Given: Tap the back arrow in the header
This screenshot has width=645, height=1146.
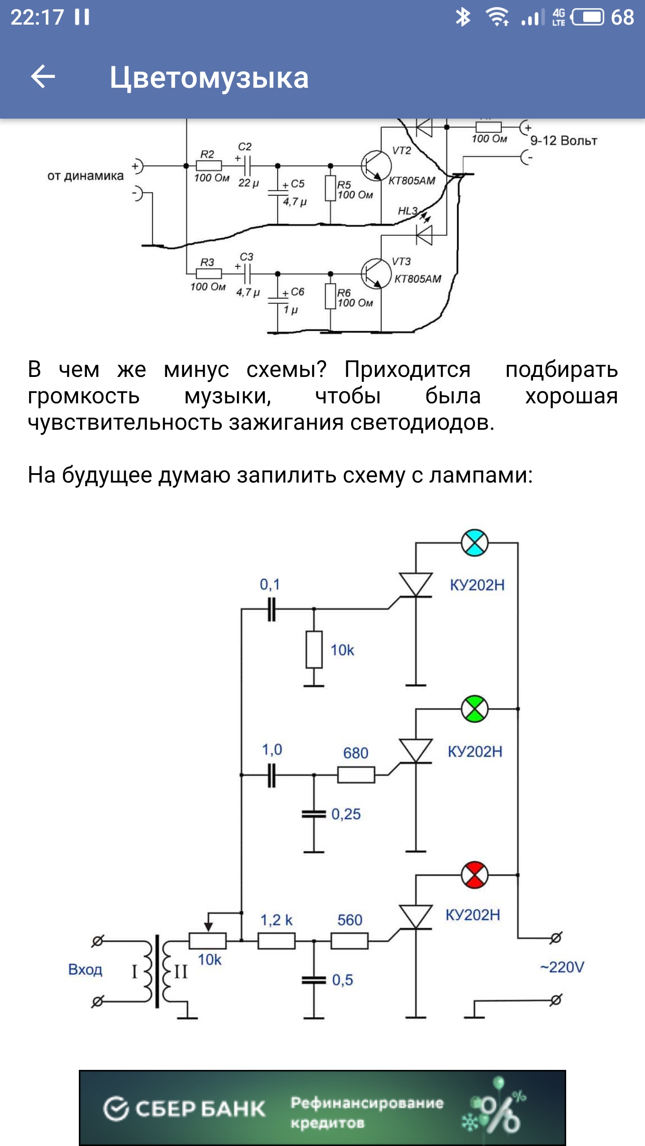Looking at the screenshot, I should (43, 77).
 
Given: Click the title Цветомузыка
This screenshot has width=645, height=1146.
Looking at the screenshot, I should (209, 77).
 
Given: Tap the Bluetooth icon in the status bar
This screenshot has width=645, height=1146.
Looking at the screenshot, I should (463, 17).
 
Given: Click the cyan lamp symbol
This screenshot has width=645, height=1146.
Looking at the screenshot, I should (474, 543).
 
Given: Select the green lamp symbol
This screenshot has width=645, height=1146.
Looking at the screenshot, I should (474, 709).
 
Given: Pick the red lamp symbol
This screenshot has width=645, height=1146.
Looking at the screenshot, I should (474, 875).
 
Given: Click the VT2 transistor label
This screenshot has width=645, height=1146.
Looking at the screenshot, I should (401, 150).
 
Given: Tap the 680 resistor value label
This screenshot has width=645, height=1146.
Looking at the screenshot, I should (356, 753).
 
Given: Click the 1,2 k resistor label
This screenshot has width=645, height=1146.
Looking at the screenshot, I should (276, 920).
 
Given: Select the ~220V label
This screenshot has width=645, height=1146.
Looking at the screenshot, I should (562, 967).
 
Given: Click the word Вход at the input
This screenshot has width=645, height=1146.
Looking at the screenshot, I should (85, 970).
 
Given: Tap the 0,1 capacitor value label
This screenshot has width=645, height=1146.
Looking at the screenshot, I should (270, 584).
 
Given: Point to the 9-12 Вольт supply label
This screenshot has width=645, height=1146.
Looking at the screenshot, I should (563, 141).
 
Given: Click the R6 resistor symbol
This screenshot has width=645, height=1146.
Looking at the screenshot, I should (331, 296).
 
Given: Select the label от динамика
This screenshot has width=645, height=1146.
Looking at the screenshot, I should (85, 176).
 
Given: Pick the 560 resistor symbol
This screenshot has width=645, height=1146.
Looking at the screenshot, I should (349, 941).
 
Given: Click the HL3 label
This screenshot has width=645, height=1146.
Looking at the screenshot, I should (408, 211).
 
